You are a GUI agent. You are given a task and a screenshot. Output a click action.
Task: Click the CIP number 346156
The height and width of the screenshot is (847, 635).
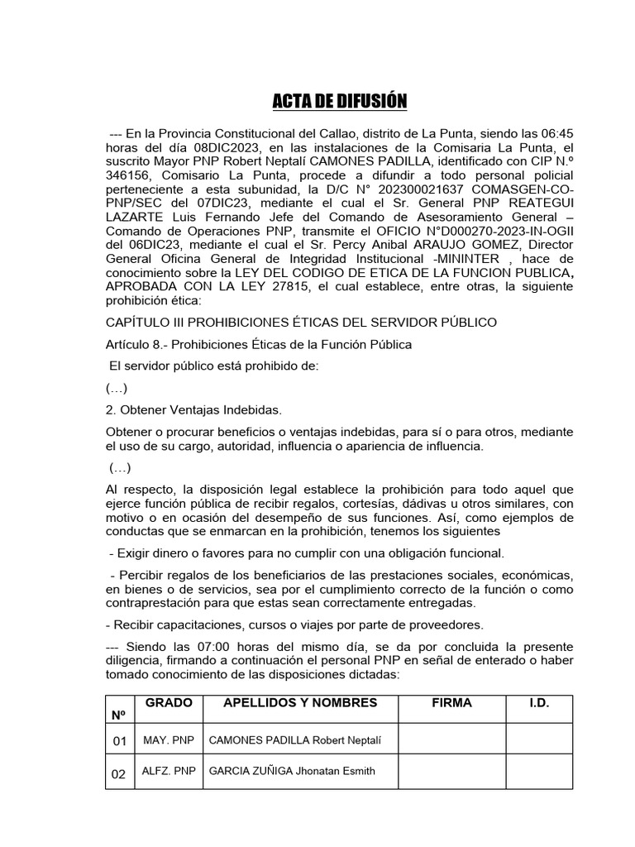coord(131,178)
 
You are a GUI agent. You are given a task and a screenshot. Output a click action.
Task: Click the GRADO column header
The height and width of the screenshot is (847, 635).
coord(169,703)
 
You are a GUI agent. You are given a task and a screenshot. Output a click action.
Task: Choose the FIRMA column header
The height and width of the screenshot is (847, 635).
coord(451,703)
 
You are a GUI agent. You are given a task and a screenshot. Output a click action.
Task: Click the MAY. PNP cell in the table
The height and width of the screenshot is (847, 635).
coord(168,739)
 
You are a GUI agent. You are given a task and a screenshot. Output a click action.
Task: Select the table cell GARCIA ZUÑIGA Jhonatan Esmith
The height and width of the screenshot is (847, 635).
coord(292,771)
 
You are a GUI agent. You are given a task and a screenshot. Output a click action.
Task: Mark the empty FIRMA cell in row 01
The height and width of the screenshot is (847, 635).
coord(451,739)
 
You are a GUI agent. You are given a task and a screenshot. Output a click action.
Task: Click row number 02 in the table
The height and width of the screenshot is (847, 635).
coord(118,773)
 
